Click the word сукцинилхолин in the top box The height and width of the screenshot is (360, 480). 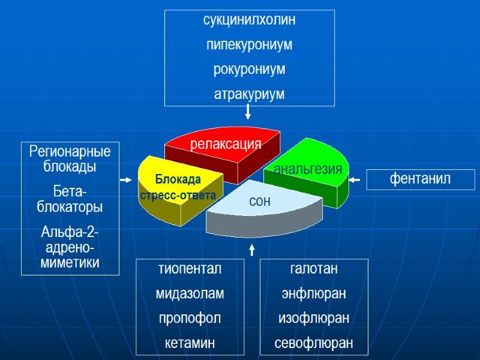(x=249, y=20)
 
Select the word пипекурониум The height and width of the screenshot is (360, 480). (x=249, y=44)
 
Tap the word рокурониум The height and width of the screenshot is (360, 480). (x=249, y=69)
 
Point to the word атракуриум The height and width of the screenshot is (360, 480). (x=249, y=94)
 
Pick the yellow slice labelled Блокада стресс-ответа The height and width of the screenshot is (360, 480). (x=178, y=187)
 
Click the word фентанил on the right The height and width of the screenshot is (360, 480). (x=421, y=179)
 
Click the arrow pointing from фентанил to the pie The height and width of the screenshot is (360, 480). (x=354, y=179)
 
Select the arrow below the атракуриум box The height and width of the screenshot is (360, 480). (x=248, y=112)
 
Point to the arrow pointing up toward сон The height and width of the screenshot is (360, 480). (x=252, y=248)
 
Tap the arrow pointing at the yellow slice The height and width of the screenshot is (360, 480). (x=126, y=179)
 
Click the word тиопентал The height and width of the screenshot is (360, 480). (x=190, y=269)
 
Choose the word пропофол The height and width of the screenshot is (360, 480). (x=190, y=318)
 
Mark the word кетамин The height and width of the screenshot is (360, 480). (x=190, y=343)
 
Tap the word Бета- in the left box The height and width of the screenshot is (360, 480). (x=70, y=191)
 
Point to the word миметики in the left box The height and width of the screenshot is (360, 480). (x=70, y=262)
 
